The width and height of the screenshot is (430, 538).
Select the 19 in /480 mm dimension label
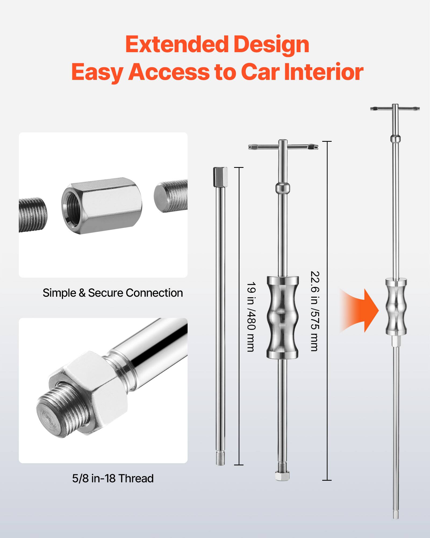251,317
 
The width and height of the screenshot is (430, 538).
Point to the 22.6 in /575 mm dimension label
314,311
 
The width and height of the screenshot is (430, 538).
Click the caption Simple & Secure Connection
113,293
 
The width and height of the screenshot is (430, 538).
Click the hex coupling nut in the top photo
102,206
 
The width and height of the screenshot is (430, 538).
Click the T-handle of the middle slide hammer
283,147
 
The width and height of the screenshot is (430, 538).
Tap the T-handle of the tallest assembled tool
395,109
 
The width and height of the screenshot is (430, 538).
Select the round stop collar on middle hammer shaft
283,187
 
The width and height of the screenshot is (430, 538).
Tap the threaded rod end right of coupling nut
170,196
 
